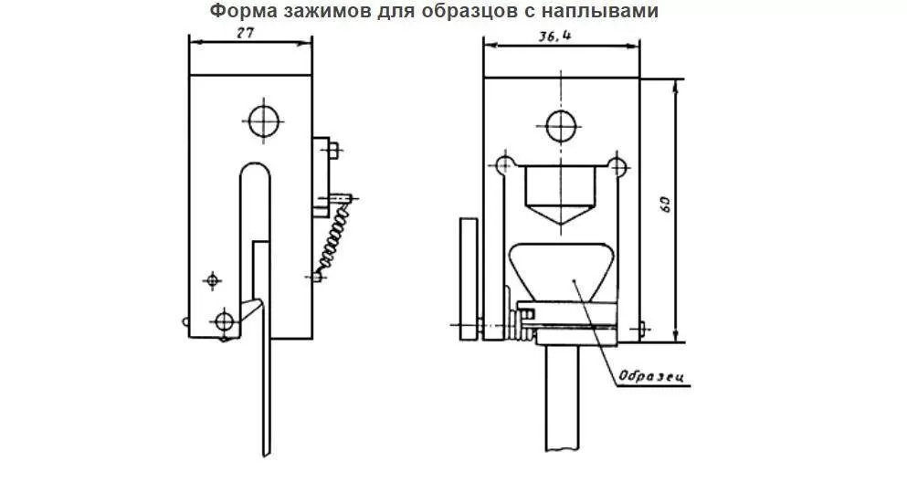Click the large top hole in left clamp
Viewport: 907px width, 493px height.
pos(263,120)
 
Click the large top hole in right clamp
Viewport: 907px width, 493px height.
pos(560,126)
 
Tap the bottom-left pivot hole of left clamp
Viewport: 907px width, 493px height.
pos(222,320)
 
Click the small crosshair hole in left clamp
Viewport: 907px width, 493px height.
pos(213,278)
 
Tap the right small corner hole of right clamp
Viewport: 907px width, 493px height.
pos(618,165)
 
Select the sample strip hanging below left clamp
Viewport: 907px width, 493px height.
pos(266,383)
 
